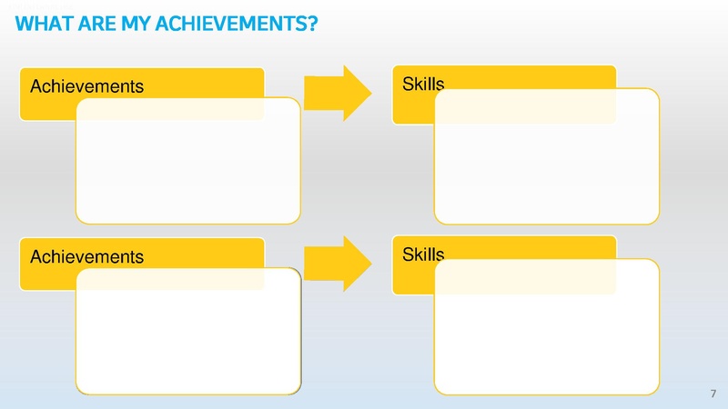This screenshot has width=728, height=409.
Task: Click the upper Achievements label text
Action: (87, 87)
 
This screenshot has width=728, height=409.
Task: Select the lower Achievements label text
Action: (87, 257)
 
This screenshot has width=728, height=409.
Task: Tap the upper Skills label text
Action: (422, 85)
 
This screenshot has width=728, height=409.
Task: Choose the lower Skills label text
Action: (422, 254)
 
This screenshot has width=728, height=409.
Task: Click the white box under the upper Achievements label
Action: (188, 160)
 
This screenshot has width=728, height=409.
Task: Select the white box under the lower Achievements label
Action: (188, 332)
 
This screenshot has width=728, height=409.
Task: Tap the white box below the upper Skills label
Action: (547, 155)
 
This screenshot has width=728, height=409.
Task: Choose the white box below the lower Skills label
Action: (547, 327)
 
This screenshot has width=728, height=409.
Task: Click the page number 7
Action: (712, 394)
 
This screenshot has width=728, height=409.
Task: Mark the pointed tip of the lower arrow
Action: (370, 263)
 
